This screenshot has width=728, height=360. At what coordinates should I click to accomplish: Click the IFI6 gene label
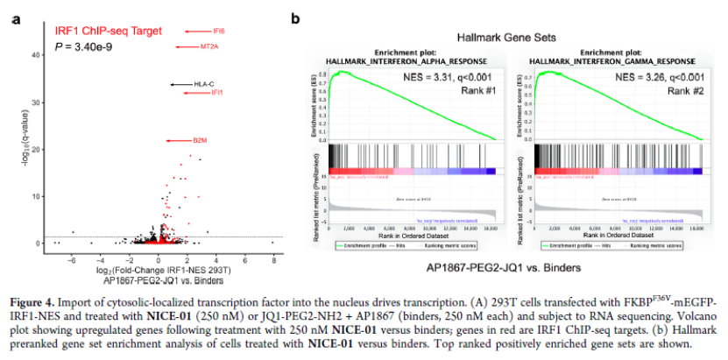(216, 31)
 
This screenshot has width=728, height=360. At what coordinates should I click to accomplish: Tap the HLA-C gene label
(204, 84)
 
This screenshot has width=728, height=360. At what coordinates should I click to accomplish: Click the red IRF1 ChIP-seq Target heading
(109, 31)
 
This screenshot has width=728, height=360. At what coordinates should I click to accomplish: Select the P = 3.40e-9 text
(83, 46)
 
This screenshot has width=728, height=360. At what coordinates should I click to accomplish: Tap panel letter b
(296, 18)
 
